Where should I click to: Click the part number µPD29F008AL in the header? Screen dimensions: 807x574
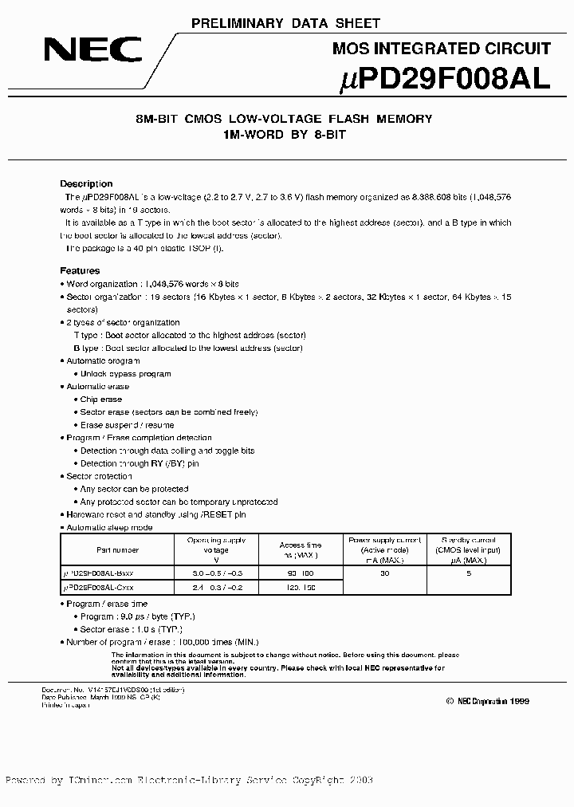pyautogui.click(x=439, y=78)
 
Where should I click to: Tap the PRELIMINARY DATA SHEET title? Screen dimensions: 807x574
pyautogui.click(x=287, y=23)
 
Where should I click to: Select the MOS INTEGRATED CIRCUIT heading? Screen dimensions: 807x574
pyautogui.click(x=440, y=49)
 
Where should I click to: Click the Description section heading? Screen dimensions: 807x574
pyautogui.click(x=86, y=183)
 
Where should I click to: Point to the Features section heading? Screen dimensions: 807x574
pyautogui.click(x=80, y=271)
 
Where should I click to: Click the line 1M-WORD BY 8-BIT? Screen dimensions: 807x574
pyautogui.click(x=285, y=136)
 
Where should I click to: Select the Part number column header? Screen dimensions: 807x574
pyautogui.click(x=117, y=549)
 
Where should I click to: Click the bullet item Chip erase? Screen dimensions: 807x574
pyautogui.click(x=101, y=400)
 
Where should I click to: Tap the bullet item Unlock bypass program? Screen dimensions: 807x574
pyautogui.click(x=125, y=374)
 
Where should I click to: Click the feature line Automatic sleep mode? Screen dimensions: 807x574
pyautogui.click(x=109, y=527)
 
